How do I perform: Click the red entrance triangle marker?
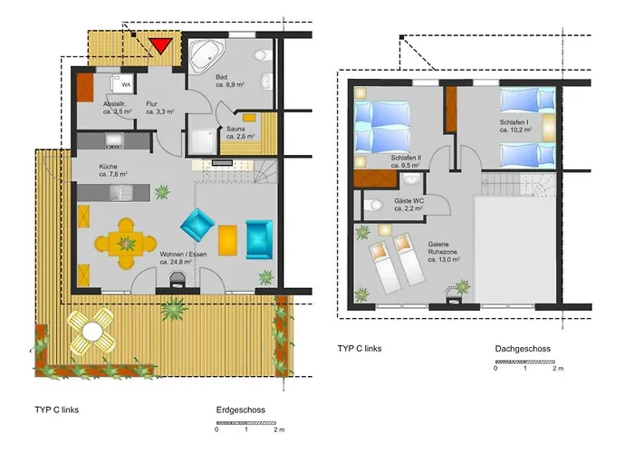[x=160, y=45]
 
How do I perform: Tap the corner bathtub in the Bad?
[x=206, y=56]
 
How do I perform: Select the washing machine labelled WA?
[x=121, y=83]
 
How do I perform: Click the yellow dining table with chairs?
[x=126, y=244]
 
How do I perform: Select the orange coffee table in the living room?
[x=227, y=240]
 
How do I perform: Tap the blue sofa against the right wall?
[x=259, y=239]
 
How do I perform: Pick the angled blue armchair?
[x=197, y=225]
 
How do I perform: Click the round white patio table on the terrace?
[x=92, y=332]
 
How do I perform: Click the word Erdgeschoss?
[x=241, y=410]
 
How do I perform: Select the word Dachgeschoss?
[x=523, y=349]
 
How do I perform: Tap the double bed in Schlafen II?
[x=382, y=128]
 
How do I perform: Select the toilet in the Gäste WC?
[x=373, y=205]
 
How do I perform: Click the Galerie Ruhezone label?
[x=444, y=252]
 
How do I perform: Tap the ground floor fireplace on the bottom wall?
[x=178, y=280]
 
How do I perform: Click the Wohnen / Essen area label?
[x=183, y=258]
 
